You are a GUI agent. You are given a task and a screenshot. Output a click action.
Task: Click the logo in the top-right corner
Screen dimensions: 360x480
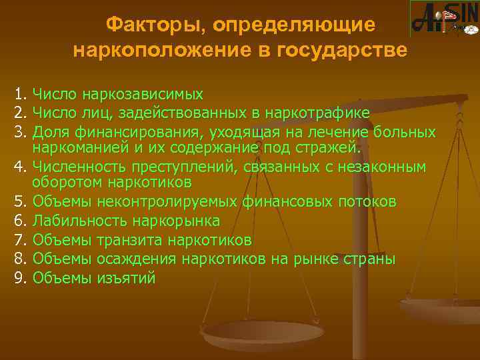coord(444,19)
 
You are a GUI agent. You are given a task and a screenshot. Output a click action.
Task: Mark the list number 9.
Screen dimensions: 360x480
coord(19,278)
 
